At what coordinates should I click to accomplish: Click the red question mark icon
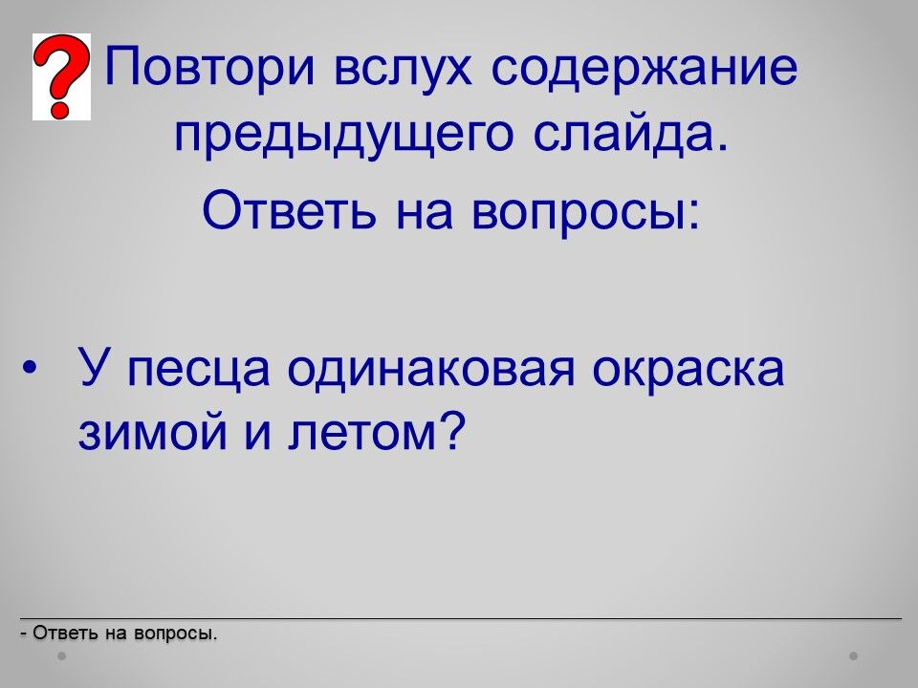point(61,76)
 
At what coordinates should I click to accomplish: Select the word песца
point(198,371)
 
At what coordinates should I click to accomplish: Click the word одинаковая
point(431,371)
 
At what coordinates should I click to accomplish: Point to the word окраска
point(688,369)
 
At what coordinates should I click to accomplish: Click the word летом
point(361,434)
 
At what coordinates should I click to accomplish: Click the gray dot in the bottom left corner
point(61,656)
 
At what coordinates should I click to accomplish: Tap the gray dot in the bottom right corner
point(854,656)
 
